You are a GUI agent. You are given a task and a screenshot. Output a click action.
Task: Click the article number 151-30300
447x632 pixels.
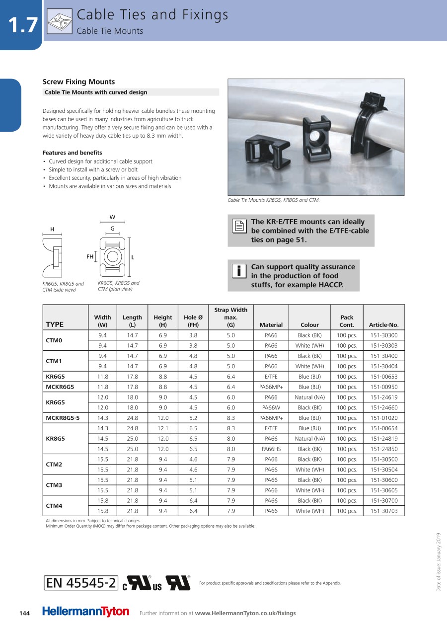click(384, 335)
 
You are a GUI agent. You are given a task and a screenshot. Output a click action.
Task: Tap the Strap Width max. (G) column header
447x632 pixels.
click(230, 317)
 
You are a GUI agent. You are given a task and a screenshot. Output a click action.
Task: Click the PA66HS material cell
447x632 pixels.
click(271, 449)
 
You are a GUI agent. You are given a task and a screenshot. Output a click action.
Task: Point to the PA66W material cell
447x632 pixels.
click(271, 408)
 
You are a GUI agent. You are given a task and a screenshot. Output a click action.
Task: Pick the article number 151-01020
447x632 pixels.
click(384, 418)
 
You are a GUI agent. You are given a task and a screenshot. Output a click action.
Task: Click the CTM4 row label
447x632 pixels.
click(54, 506)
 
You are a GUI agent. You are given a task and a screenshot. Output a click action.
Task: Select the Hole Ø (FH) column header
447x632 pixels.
click(193, 321)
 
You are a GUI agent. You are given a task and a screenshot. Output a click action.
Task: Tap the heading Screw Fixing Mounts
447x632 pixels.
click(78, 82)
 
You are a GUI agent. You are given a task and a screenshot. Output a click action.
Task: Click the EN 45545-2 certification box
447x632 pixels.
click(81, 583)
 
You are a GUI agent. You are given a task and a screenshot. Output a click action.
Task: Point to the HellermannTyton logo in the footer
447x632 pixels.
click(85, 612)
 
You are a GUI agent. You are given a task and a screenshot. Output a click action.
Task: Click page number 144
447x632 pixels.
click(24, 613)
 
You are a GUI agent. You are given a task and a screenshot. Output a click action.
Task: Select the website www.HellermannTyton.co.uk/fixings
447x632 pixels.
click(245, 613)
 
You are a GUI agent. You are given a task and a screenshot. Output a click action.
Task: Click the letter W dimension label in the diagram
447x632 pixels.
click(113, 217)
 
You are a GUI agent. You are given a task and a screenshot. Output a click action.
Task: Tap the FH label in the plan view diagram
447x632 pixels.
click(90, 257)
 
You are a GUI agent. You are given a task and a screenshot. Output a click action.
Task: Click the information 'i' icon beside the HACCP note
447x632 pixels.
click(239, 271)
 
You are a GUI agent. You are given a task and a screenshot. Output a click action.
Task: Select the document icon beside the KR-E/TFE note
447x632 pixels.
click(239, 226)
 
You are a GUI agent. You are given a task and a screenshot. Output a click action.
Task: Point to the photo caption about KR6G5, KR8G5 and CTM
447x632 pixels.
click(273, 200)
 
